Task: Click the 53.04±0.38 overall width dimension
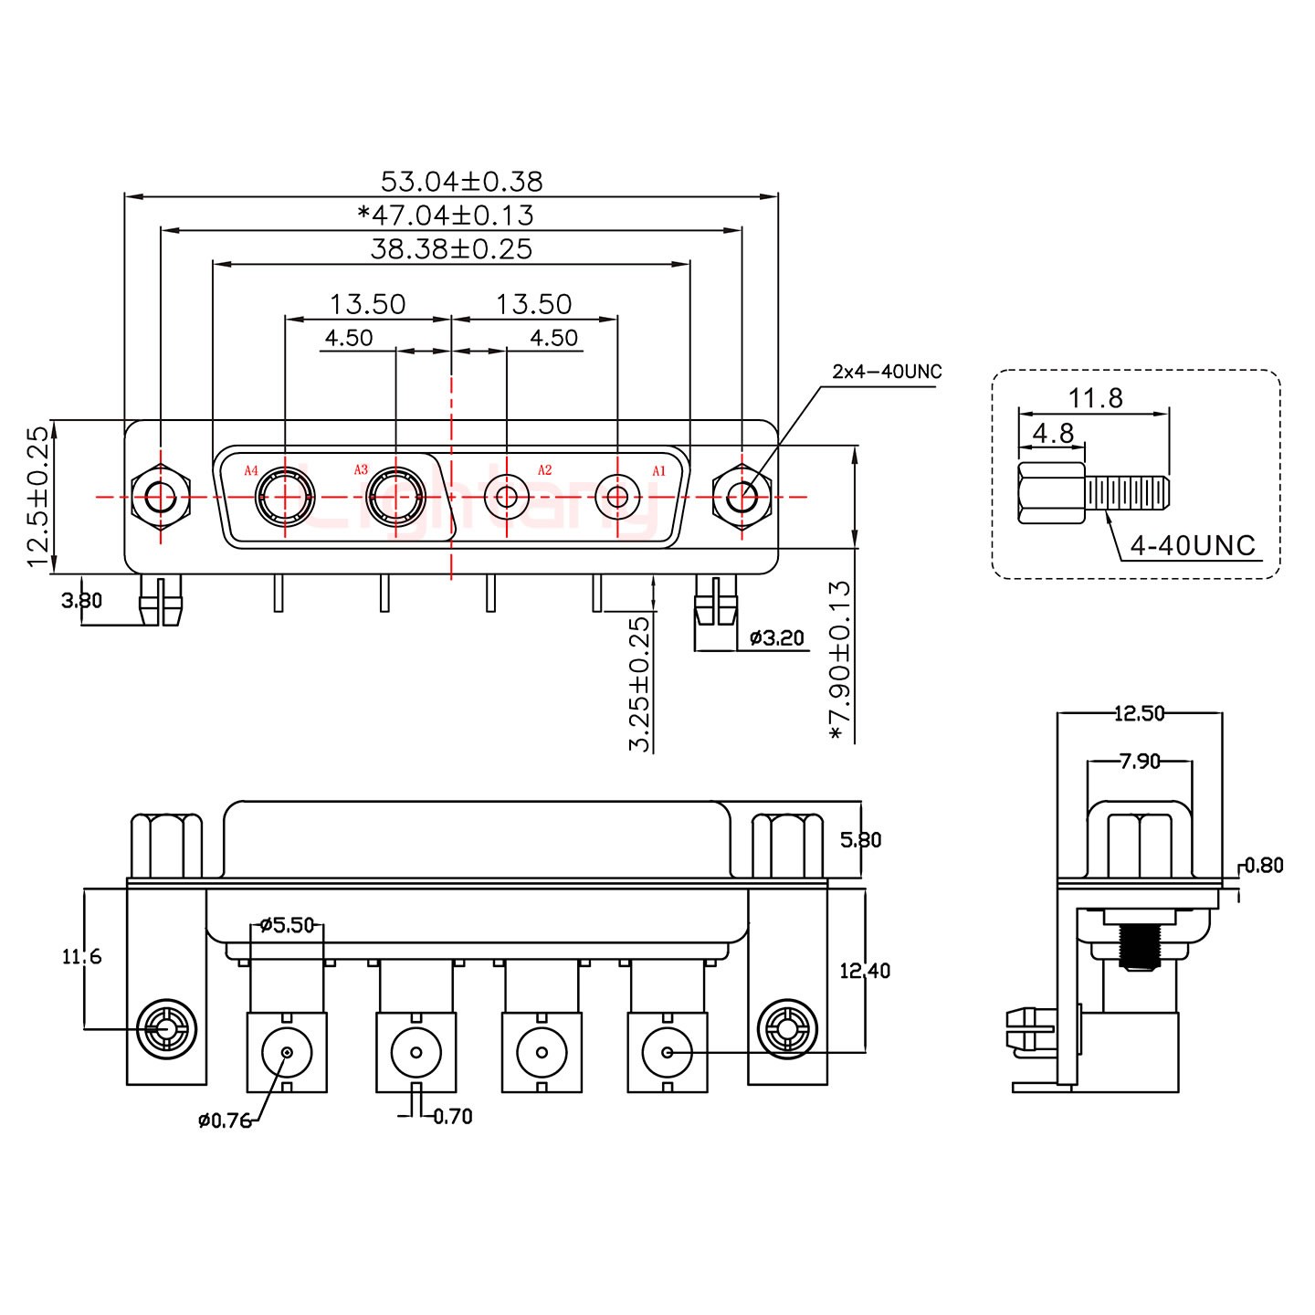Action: tap(461, 182)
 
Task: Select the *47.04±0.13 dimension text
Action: tap(445, 216)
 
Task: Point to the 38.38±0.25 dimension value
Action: tap(451, 249)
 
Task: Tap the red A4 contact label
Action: tap(251, 470)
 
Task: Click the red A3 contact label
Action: tap(361, 469)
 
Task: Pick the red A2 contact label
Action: tap(544, 469)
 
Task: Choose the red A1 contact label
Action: tap(658, 470)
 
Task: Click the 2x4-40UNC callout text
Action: tap(887, 372)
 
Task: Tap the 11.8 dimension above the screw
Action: tap(1095, 398)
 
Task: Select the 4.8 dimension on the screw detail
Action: tap(1053, 433)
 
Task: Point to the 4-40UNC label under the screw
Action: tap(1193, 545)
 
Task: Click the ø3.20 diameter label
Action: tap(776, 638)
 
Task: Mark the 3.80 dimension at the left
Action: tap(81, 601)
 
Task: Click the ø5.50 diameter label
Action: tap(287, 925)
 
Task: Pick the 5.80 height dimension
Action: tap(860, 839)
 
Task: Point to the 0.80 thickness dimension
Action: tap(1264, 866)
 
